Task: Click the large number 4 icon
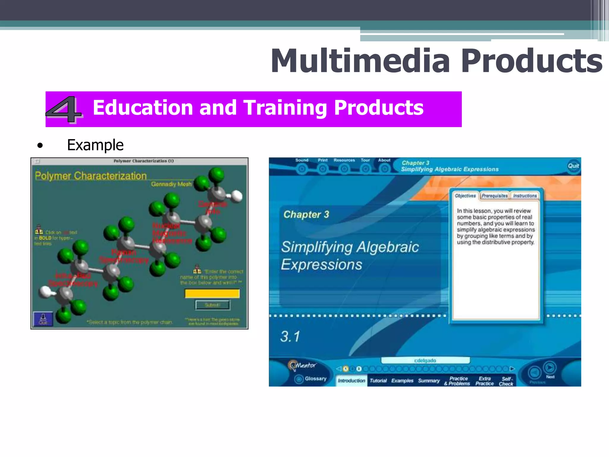coord(64,109)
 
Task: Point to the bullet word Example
coord(95,145)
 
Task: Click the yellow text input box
coord(212,294)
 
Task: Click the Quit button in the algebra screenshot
coord(573,166)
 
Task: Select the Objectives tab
coord(465,196)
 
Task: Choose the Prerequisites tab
coord(495,196)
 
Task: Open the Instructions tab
coord(525,196)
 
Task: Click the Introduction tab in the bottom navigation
coord(351,381)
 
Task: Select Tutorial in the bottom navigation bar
coord(378,381)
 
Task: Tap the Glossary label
coord(316,378)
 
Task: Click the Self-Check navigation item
coord(506,381)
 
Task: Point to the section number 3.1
coord(290,337)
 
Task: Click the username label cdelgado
coord(425,361)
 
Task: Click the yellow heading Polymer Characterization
coord(91,176)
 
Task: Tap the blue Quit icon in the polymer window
coord(43,319)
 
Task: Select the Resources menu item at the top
coord(344,160)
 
